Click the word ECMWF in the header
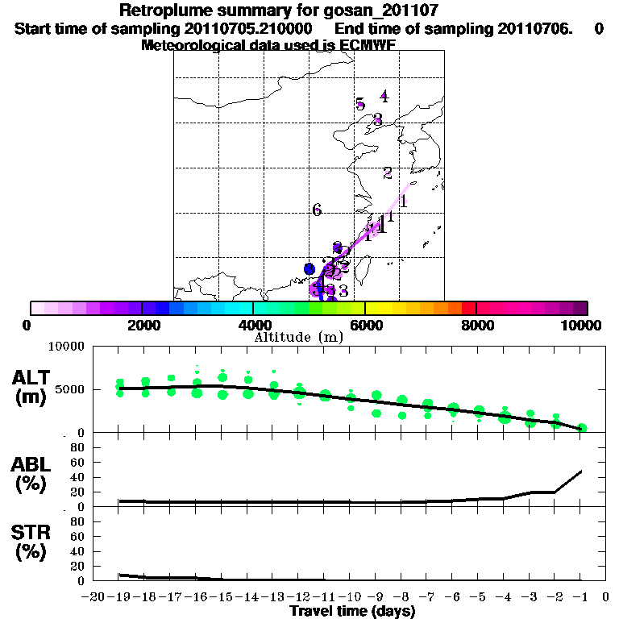click(x=368, y=45)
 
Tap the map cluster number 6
click(x=317, y=210)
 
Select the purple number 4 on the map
click(x=384, y=97)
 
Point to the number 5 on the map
click(x=360, y=104)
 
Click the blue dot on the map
click(x=309, y=268)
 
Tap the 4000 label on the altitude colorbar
click(x=252, y=325)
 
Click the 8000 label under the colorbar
click(x=476, y=325)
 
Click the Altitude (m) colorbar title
click(x=296, y=337)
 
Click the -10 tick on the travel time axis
click(x=351, y=597)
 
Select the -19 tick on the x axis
click(x=118, y=597)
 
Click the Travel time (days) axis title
click(x=352, y=612)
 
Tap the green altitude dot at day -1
click(x=581, y=428)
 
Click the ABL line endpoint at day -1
click(x=581, y=471)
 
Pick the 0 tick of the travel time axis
click(x=606, y=597)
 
